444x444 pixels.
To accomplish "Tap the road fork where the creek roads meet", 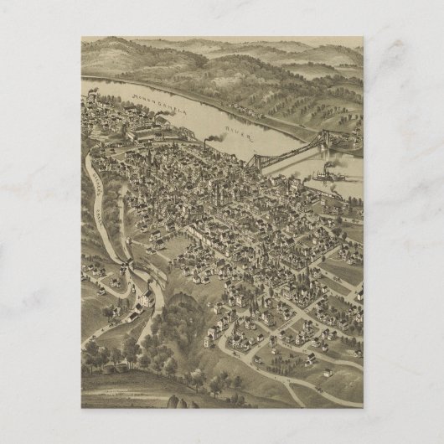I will pos(126,243).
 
